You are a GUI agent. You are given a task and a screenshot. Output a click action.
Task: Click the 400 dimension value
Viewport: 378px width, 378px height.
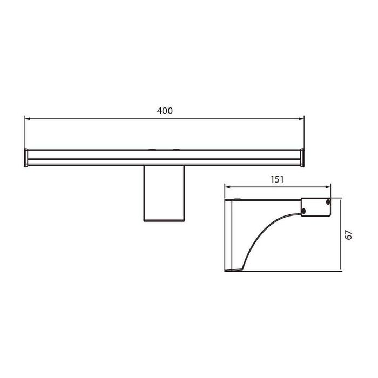click(165, 111)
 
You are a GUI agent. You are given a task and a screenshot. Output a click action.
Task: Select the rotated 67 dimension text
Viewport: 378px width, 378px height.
click(349, 234)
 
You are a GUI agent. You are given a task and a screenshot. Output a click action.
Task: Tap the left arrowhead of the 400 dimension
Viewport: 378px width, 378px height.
click(27, 118)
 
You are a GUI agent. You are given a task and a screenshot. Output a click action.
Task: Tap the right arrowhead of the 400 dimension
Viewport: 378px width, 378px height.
click(301, 118)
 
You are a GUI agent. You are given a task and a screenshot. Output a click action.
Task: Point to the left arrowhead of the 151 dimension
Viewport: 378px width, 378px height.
click(227, 187)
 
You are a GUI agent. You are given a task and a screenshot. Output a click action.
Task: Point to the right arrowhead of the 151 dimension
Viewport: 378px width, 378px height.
click(328, 187)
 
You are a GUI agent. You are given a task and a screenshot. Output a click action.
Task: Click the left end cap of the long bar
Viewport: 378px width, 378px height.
click(26, 157)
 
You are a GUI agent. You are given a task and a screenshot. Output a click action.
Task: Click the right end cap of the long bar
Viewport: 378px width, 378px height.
click(302, 157)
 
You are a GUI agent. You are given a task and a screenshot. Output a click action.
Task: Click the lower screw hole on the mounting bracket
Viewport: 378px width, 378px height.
click(304, 210)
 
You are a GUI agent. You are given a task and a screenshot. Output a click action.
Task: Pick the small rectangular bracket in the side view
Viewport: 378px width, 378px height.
click(316, 206)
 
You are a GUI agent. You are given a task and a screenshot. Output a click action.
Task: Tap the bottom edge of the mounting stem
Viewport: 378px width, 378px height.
click(164, 220)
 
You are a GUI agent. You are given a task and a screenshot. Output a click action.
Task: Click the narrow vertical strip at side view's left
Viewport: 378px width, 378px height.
click(227, 235)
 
